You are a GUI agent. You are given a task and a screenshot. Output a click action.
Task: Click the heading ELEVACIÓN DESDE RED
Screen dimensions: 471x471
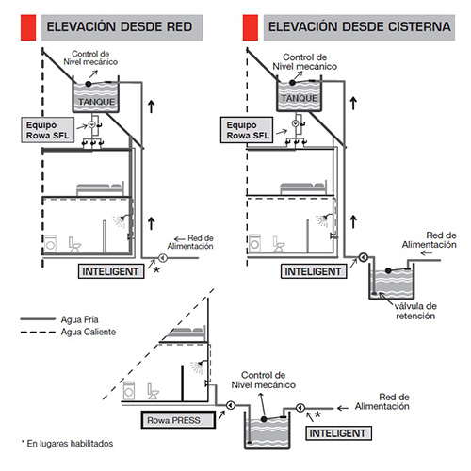pos(120,27)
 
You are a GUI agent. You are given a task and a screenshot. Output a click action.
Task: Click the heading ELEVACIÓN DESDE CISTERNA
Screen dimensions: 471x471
pos(359,27)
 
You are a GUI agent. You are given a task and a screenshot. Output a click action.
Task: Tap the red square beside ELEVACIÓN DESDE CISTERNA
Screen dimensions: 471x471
pos(251,27)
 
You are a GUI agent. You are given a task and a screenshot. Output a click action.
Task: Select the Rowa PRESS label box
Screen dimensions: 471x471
pos(178,420)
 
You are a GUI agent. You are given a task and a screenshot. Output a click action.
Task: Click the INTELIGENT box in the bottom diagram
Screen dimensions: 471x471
pos(338,433)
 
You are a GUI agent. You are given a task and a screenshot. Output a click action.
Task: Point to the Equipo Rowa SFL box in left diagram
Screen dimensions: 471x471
pos(48,130)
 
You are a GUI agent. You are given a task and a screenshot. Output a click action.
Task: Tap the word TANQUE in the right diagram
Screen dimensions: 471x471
pos(300,98)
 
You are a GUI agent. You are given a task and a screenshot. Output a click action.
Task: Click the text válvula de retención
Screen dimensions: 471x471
pos(415,311)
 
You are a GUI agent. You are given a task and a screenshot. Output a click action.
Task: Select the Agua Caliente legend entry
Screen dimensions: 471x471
pos(68,332)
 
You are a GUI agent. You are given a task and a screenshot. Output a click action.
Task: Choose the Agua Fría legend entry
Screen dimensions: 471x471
pos(59,319)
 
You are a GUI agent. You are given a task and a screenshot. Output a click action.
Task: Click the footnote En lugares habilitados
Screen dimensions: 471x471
pos(67,444)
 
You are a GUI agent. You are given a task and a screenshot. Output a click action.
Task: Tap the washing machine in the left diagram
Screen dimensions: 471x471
pos(50,243)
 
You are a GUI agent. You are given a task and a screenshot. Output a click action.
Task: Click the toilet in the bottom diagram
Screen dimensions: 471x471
pos(153,391)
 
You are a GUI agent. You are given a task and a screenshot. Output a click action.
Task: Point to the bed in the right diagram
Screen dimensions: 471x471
pos(303,188)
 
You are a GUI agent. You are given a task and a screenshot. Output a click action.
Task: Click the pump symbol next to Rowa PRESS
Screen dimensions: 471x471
pos(231,405)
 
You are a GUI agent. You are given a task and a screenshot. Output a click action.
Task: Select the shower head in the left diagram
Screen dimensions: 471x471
pos(120,220)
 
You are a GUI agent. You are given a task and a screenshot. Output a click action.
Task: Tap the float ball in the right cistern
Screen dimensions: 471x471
pos(388,270)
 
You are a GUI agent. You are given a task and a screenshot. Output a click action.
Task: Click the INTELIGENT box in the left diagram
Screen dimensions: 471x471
pos(111,271)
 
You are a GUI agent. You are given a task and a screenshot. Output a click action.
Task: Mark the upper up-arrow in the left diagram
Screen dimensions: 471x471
pos(152,106)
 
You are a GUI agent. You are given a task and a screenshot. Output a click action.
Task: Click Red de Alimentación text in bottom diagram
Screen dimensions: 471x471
pos(382,401)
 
